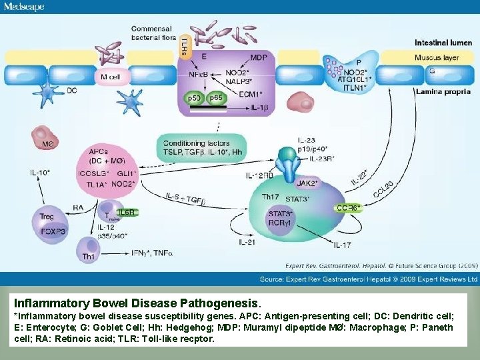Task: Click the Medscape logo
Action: pyautogui.click(x=24, y=7)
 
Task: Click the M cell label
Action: pyautogui.click(x=111, y=77)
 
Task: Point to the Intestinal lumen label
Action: pyautogui.click(x=443, y=43)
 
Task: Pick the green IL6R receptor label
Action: pyautogui.click(x=127, y=213)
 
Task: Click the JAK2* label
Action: pyautogui.click(x=307, y=183)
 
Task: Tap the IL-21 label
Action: pyautogui.click(x=246, y=242)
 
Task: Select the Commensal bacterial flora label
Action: pyautogui.click(x=151, y=33)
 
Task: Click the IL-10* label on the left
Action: pyautogui.click(x=40, y=173)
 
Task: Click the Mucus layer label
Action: pyautogui.click(x=437, y=57)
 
